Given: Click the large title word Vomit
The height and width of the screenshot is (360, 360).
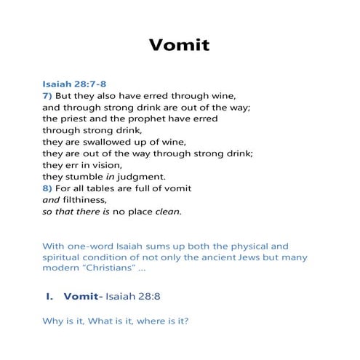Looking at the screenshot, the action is coord(179,45).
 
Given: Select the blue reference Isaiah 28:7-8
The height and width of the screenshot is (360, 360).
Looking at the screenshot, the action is coord(75,84).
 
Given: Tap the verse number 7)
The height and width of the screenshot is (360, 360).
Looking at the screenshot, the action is coord(49,95).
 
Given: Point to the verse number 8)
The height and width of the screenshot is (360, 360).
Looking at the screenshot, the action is coord(49,188).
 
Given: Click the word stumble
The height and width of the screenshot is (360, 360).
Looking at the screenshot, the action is coord(86,176).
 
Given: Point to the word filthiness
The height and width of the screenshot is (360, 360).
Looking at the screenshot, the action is coord(86,199).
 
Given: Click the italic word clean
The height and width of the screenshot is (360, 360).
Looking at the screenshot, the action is coord(166,212).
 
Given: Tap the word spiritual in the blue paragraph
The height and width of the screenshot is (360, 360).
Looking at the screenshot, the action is coord(65,257).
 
